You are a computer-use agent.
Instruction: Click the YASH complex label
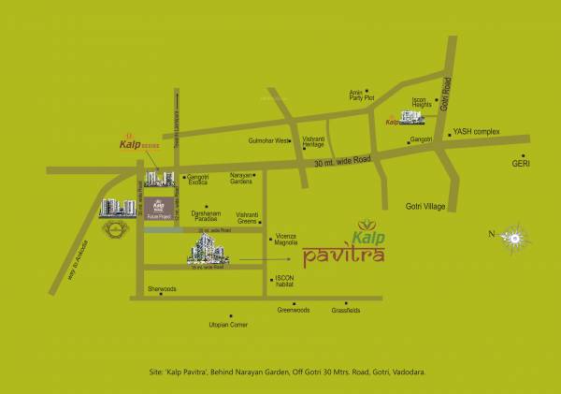[x=477, y=134]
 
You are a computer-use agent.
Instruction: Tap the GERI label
[x=521, y=164]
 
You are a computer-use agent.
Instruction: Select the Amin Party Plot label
[x=361, y=95]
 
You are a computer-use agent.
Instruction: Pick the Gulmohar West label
[x=269, y=140]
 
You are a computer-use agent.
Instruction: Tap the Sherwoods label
[x=162, y=289]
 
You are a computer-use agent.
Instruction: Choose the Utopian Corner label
[x=225, y=325]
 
